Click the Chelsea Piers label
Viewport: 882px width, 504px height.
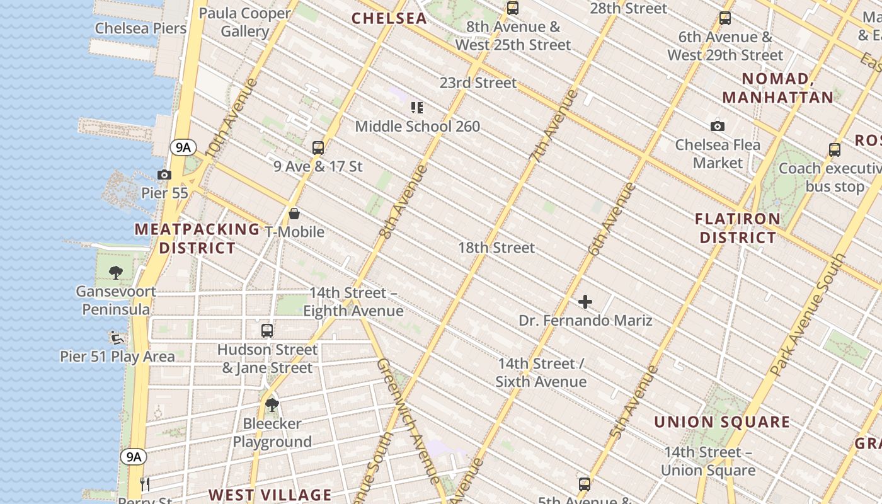[140, 28]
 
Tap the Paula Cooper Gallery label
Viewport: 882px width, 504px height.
[245, 22]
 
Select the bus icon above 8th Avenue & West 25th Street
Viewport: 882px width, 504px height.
[513, 8]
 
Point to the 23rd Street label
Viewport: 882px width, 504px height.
[478, 83]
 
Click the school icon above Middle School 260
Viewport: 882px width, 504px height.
[416, 108]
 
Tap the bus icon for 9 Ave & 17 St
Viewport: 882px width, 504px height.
[318, 148]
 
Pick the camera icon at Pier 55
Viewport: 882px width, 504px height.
[164, 175]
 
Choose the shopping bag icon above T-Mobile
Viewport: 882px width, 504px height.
[294, 214]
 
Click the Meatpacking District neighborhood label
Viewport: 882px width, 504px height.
[197, 239]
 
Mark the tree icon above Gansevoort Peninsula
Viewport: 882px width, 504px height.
[116, 273]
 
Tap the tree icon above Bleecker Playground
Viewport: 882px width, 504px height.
[272, 404]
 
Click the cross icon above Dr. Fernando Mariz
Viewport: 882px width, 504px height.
[585, 302]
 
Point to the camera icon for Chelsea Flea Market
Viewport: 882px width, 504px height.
[717, 126]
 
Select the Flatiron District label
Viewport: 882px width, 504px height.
[738, 228]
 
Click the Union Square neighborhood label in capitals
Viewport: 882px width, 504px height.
[721, 422]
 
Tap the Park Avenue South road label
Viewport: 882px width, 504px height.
[809, 315]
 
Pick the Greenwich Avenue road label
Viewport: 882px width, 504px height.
[408, 421]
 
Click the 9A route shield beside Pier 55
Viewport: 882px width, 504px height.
[182, 147]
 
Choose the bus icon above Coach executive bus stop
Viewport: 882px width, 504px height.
[835, 150]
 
